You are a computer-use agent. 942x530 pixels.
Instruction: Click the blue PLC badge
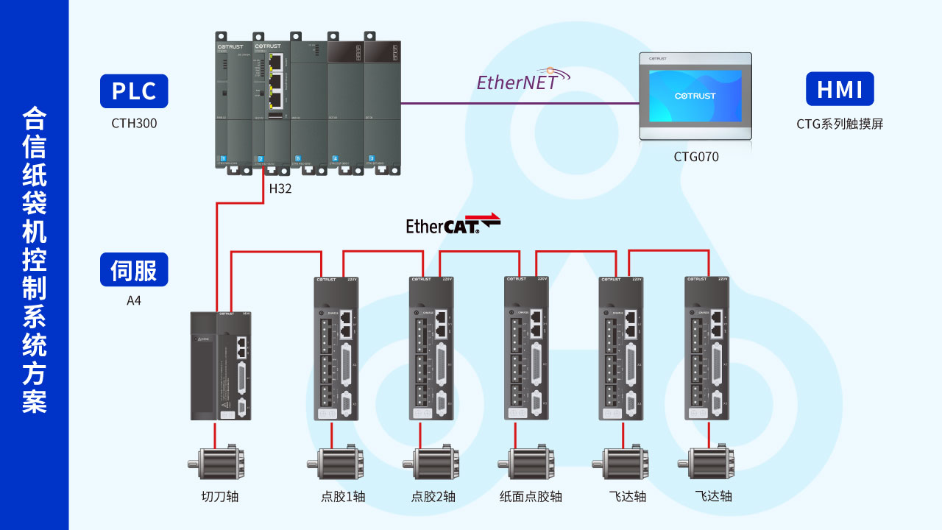(x=134, y=91)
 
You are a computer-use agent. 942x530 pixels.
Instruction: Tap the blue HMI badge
(x=840, y=89)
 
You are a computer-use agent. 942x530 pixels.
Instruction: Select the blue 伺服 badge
(x=134, y=269)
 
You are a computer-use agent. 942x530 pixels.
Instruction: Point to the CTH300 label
(x=134, y=124)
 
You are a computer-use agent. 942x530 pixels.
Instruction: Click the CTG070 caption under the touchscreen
(x=696, y=157)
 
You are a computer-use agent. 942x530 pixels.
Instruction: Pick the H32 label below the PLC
(x=280, y=188)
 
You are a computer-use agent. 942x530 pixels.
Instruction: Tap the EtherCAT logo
(x=453, y=224)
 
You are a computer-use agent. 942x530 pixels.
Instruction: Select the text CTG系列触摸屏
(x=839, y=124)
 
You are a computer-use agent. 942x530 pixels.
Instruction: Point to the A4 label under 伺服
(x=134, y=300)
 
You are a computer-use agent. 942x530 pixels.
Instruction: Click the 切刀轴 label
(x=220, y=496)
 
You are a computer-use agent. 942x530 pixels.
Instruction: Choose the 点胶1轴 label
(x=343, y=496)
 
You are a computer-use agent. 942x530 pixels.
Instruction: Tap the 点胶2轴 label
(x=433, y=496)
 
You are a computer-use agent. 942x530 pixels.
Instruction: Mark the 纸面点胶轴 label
(x=531, y=496)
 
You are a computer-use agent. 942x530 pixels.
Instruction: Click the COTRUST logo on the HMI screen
(x=695, y=96)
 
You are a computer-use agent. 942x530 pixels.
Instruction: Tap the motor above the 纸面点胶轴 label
(x=528, y=464)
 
